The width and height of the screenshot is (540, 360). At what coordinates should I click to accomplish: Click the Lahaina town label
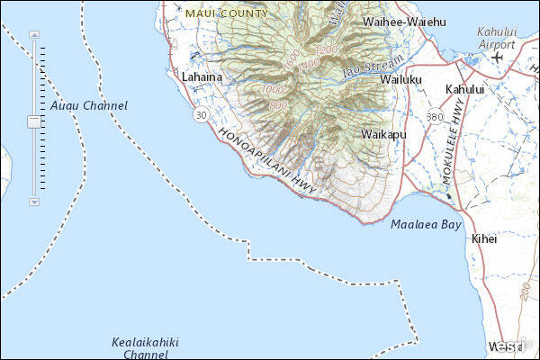pyautogui.click(x=201, y=77)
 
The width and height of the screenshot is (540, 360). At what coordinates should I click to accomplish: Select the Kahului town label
pyautogui.click(x=464, y=89)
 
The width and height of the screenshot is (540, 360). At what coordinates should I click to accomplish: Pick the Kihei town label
pyautogui.click(x=483, y=238)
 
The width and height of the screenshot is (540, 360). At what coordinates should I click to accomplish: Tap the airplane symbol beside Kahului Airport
pyautogui.click(x=498, y=57)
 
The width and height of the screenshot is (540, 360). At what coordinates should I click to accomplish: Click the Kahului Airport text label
pyautogui.click(x=497, y=37)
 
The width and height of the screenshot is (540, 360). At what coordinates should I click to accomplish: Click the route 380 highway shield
pyautogui.click(x=435, y=117)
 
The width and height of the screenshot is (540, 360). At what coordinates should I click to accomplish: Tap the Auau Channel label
pyautogui.click(x=89, y=105)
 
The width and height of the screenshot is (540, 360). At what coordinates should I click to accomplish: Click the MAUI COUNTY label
pyautogui.click(x=226, y=13)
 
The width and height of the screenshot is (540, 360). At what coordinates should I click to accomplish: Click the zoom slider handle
pyautogui.click(x=34, y=120)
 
